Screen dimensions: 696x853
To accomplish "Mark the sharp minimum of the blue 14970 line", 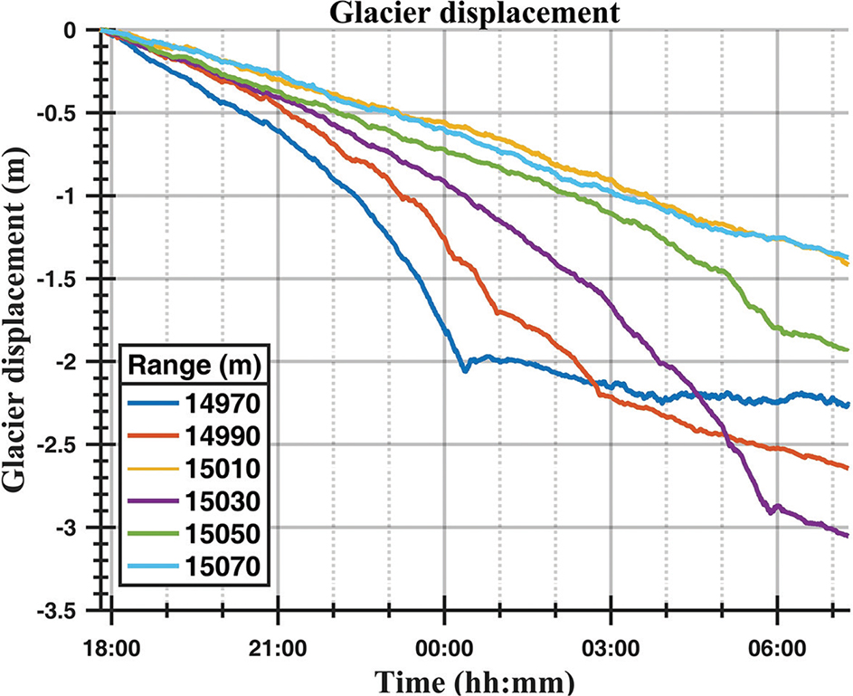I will (465, 370).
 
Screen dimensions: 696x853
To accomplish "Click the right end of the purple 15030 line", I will (848, 536).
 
